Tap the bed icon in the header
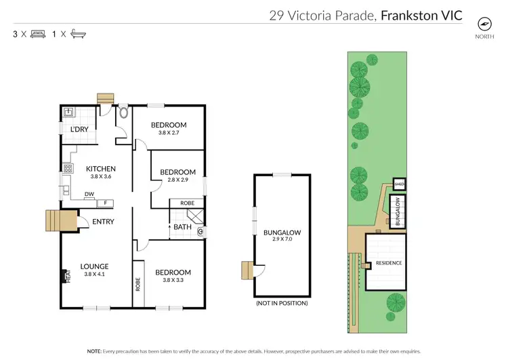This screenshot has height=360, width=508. [x=37, y=33]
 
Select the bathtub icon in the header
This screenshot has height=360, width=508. [x=79, y=33]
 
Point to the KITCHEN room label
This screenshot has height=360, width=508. [x=100, y=169]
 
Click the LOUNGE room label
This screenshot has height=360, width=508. [x=94, y=266]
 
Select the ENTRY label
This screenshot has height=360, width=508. [x=103, y=221]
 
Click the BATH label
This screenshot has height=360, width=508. [x=182, y=227]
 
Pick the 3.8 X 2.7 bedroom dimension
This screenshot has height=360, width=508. [x=169, y=133]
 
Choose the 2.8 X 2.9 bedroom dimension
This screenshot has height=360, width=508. [x=177, y=180]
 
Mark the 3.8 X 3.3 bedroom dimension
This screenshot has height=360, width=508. [x=173, y=280]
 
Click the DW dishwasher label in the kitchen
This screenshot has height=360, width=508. [x=89, y=195]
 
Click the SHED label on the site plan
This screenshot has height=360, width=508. [x=399, y=184]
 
